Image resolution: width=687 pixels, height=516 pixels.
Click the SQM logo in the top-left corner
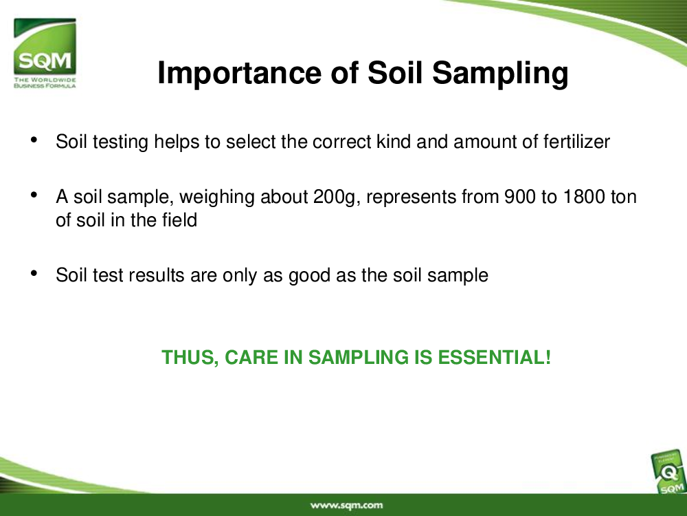[45, 53]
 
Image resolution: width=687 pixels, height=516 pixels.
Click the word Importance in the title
[240, 73]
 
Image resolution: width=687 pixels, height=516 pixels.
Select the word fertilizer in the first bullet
[576, 142]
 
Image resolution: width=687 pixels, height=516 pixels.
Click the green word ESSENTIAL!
[494, 357]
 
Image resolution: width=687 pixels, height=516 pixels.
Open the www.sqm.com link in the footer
[346, 505]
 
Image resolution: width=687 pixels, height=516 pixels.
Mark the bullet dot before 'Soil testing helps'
[34, 140]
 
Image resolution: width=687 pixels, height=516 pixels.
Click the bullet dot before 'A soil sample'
[34, 195]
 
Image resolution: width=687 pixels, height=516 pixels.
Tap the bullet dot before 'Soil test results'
[34, 273]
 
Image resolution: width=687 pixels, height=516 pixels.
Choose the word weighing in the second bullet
[217, 197]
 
